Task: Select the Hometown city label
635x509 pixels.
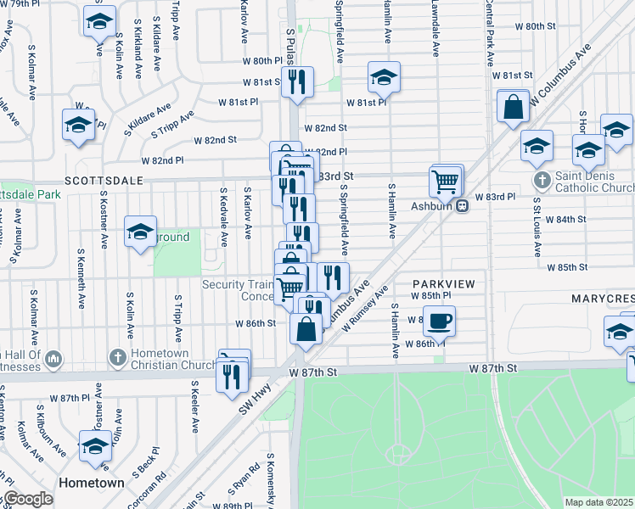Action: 92,483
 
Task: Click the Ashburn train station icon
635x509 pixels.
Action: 463,205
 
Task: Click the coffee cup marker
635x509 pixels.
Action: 439,321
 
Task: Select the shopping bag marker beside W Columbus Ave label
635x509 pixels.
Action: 513,107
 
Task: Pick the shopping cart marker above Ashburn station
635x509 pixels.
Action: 446,179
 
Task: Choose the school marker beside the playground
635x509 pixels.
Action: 141,232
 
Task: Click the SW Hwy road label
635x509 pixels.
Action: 248,406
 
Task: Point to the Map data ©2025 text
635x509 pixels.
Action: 598,502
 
